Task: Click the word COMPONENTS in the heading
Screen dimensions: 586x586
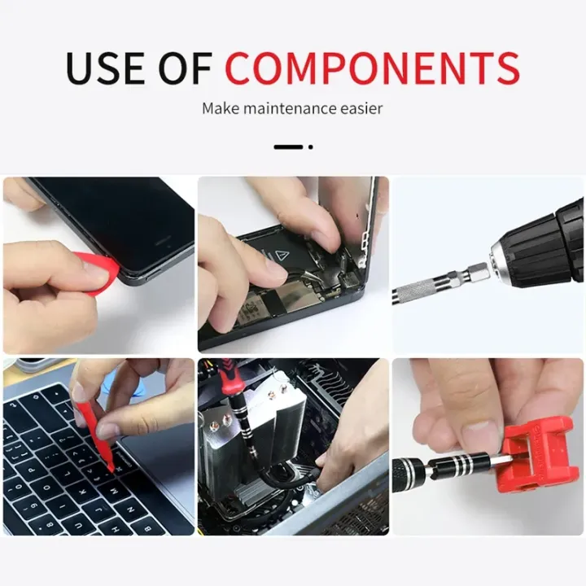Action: [x=372, y=68]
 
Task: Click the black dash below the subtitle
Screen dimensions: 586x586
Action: [x=287, y=146]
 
